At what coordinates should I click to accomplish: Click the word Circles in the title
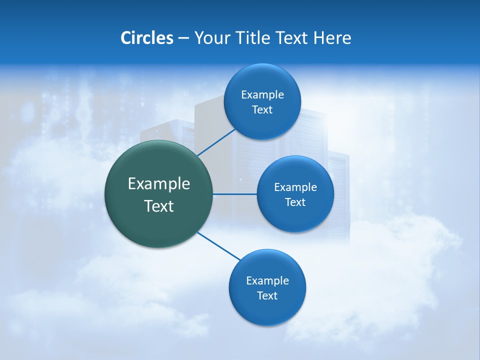click(146, 38)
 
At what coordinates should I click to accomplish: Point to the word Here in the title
click(332, 38)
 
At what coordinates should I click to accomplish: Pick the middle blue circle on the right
click(295, 217)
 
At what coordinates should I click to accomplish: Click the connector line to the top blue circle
click(216, 142)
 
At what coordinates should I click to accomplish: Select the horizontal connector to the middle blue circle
click(234, 194)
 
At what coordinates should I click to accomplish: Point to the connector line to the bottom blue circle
click(219, 246)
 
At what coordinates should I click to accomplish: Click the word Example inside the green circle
click(159, 184)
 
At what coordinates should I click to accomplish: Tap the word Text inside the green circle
click(159, 206)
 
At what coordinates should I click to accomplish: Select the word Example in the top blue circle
click(262, 95)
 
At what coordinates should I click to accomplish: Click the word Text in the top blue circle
click(262, 110)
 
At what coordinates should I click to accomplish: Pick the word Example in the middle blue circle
click(295, 187)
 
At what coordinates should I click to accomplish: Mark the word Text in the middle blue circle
click(295, 202)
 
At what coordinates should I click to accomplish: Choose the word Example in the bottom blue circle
click(267, 281)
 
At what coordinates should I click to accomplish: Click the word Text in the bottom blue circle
click(267, 296)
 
